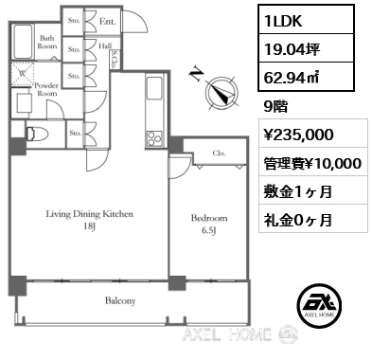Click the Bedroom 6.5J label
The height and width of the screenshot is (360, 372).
click(209, 225)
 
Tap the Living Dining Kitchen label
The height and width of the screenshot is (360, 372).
click(90, 214)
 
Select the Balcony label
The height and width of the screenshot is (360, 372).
click(120, 300)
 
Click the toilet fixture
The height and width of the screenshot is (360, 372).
click(37, 134)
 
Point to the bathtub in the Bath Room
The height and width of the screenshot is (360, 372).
click(23, 42)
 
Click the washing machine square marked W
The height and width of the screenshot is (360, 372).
click(23, 74)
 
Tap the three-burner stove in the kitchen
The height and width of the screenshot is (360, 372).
click(154, 138)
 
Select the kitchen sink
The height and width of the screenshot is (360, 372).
click(154, 88)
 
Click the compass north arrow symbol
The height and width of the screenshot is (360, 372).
click(221, 93)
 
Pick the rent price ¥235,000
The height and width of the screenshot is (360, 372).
click(298, 135)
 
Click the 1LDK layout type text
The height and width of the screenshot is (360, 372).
click(283, 21)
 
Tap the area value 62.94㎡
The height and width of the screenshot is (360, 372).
click(291, 78)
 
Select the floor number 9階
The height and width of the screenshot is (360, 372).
click(275, 107)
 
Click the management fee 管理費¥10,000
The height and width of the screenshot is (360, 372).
click(312, 163)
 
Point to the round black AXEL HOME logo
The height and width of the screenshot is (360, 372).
click(320, 306)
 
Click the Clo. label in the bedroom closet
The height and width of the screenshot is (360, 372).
click(219, 153)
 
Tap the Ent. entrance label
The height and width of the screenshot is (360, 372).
click(107, 22)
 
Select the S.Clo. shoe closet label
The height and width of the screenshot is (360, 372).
click(114, 60)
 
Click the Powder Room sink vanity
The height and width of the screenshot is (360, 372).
click(24, 103)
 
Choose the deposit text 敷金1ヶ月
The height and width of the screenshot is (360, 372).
click(297, 191)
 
